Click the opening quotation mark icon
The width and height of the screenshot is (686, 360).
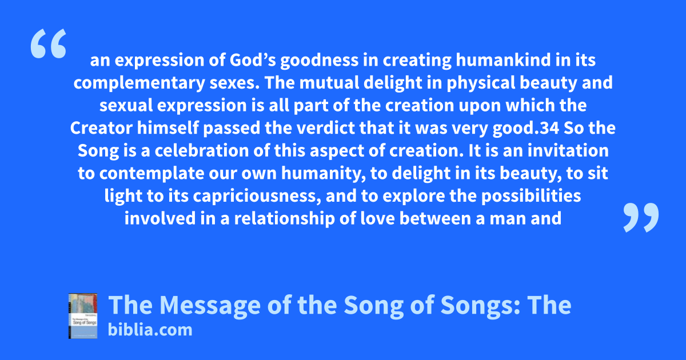click(49, 43)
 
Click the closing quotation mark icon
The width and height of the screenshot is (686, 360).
click(641, 217)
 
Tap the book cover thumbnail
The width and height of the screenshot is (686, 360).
click(83, 316)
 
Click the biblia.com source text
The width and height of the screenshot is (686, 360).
click(150, 330)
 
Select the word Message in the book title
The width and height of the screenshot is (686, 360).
click(210, 305)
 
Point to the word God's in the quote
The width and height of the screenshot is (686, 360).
click(253, 61)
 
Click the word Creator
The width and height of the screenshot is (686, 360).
click(101, 128)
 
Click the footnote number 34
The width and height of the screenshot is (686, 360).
click(549, 128)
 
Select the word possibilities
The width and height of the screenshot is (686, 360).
click(531, 197)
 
